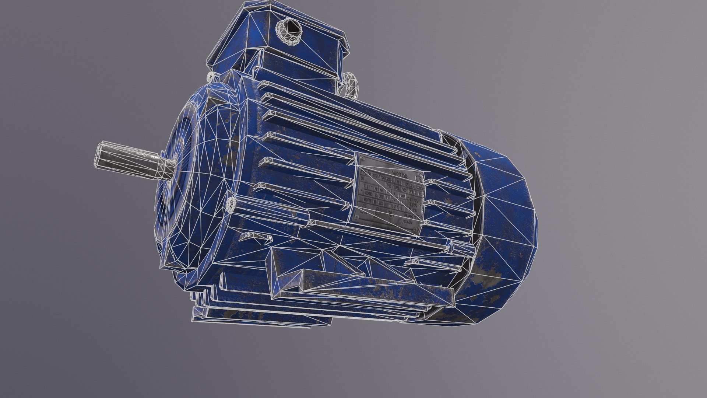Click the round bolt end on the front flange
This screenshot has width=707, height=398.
coord(231,203)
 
